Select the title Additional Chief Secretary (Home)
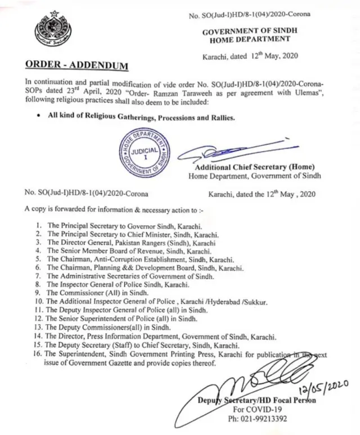click(254, 167)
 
